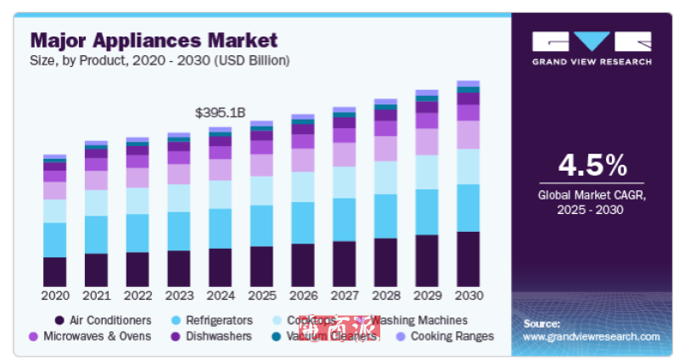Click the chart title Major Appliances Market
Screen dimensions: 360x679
[153, 40]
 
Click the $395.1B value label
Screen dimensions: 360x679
[220, 112]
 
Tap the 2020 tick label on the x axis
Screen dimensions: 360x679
[55, 296]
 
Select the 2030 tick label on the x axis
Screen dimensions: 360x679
[468, 296]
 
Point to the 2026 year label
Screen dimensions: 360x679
[302, 296]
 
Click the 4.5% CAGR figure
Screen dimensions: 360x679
[592, 165]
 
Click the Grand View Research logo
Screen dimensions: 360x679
[592, 48]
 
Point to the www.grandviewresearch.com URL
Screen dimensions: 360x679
[592, 337]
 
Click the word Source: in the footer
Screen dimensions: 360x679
[542, 323]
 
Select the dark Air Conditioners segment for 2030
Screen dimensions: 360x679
[468, 258]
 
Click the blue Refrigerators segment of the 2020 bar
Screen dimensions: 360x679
[55, 239]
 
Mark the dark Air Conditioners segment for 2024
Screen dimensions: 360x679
[220, 267]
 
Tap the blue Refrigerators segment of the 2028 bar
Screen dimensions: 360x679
[385, 216]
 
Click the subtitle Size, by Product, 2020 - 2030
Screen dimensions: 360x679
[160, 60]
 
